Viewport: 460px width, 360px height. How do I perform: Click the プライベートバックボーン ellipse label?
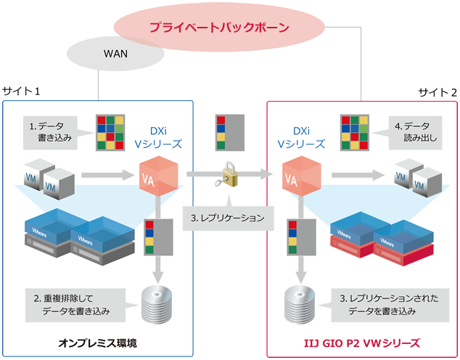click(219, 28)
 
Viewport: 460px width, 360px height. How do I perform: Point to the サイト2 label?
click(438, 92)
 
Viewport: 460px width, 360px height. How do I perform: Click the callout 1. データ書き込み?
click(51, 131)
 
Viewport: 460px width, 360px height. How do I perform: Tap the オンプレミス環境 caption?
click(97, 341)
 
